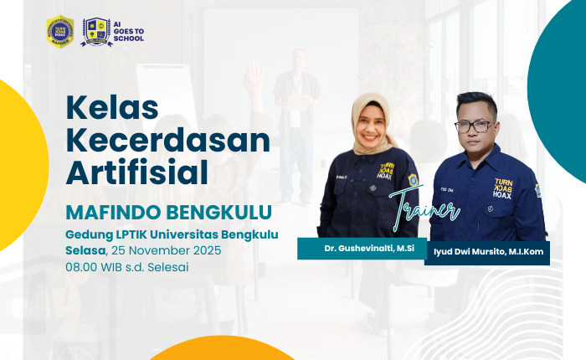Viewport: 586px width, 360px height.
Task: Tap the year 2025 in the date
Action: coord(206,250)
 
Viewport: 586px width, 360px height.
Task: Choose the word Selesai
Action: coord(166,267)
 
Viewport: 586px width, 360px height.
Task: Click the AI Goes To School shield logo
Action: coord(96,32)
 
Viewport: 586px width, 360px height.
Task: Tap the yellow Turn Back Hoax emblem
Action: coord(60,32)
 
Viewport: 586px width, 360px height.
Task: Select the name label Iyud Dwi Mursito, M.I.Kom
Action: coord(487,254)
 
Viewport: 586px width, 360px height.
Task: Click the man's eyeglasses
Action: coord(473,126)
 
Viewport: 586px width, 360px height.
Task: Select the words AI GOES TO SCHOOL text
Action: coord(129,31)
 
